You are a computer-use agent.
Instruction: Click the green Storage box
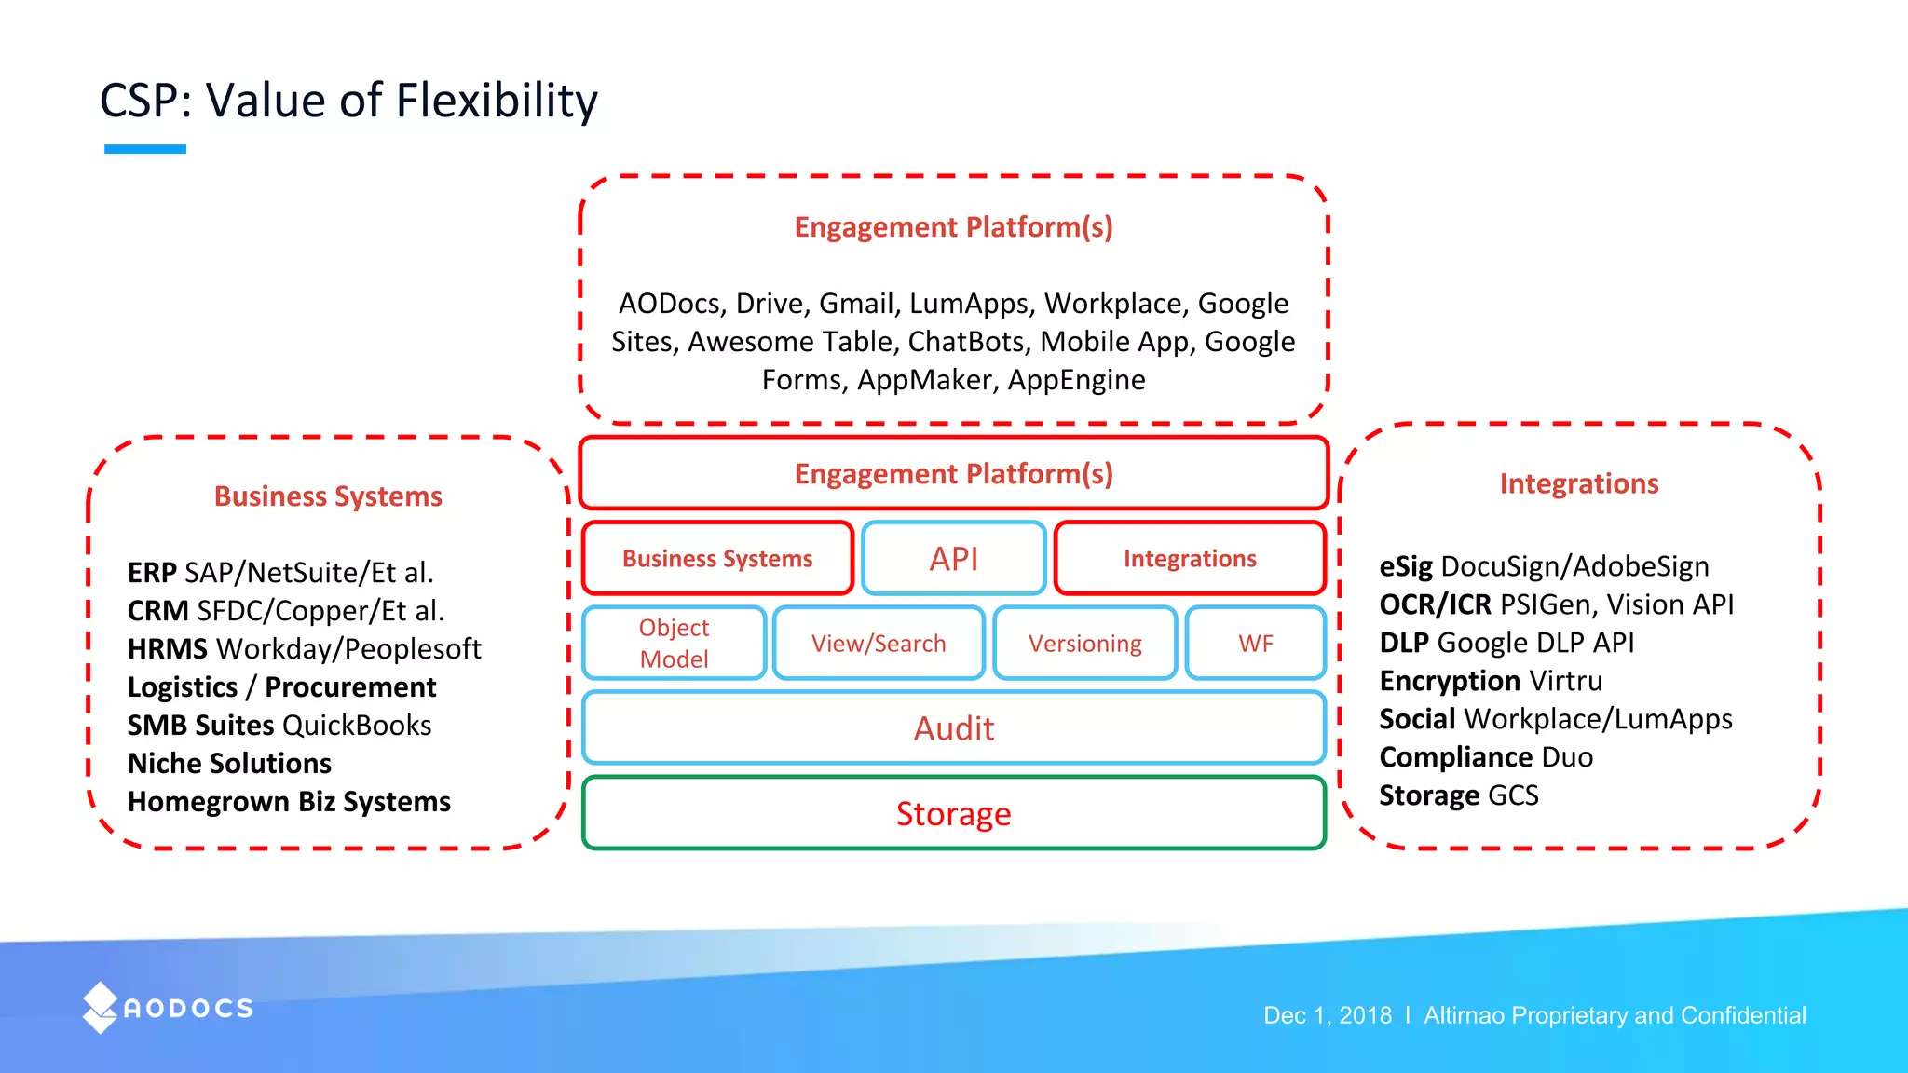[x=953, y=813]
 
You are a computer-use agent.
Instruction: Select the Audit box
[x=953, y=728]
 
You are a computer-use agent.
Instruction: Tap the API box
[x=953, y=558]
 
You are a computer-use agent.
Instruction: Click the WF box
[x=1255, y=644]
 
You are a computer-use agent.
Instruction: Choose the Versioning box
[x=1084, y=644]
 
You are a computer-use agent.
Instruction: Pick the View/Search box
[x=878, y=644]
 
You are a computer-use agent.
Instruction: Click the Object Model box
[x=674, y=644]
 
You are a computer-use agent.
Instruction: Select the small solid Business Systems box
[x=717, y=558]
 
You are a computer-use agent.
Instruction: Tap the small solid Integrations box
[x=1190, y=558]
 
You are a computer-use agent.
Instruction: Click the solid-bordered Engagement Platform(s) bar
[x=953, y=473]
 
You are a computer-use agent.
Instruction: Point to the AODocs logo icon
[x=100, y=1008]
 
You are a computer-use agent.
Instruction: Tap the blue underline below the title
[x=145, y=149]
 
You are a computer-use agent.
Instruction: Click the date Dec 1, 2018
[x=1327, y=1015]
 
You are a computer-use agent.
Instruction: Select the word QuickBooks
[x=356, y=725]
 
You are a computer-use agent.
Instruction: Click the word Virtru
[x=1565, y=681]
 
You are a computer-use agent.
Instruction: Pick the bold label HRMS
[x=168, y=648]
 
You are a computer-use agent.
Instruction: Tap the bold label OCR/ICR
[x=1435, y=604]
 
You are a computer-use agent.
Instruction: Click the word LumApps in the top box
[x=968, y=304]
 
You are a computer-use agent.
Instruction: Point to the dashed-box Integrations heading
[x=1579, y=483]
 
